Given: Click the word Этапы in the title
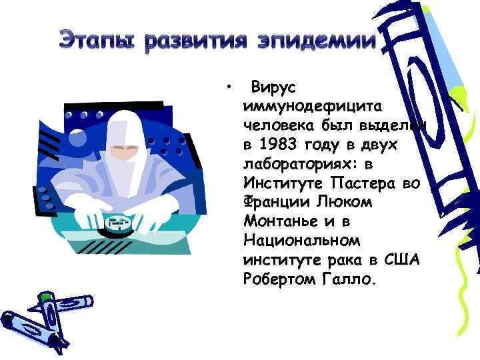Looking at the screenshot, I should tap(99, 41).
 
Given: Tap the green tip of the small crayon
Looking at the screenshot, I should tap(45, 294).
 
